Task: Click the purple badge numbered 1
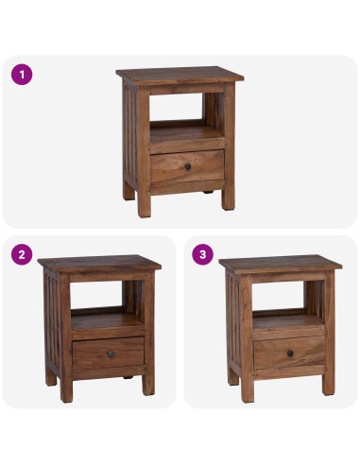pyautogui.click(x=22, y=75)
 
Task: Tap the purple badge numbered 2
pyautogui.click(x=22, y=254)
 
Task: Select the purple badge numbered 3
pyautogui.click(x=203, y=254)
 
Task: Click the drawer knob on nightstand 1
pyautogui.click(x=188, y=166)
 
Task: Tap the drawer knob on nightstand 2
pyautogui.click(x=111, y=353)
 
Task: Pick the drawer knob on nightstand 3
pyautogui.click(x=290, y=353)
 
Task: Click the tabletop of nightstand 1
pyautogui.click(x=180, y=75)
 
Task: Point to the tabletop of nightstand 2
pyautogui.click(x=99, y=263)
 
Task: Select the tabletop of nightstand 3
pyautogui.click(x=281, y=264)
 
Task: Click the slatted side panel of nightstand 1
pyautogui.click(x=130, y=135)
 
